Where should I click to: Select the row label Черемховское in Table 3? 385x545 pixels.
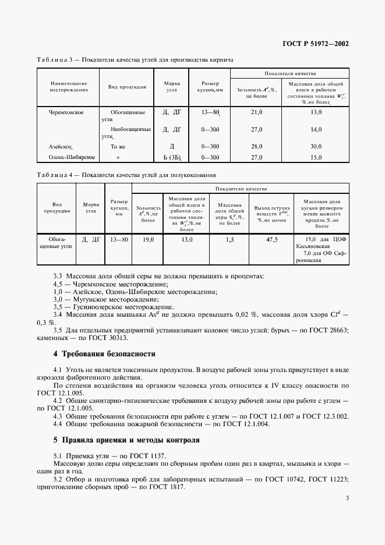(66, 112)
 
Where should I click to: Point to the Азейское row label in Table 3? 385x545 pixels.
(60, 147)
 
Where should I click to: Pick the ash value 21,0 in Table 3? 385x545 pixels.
(257, 112)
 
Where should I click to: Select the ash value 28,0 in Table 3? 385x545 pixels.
(257, 147)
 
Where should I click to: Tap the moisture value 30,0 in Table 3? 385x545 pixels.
(316, 147)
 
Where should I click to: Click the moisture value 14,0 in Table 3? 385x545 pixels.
(316, 129)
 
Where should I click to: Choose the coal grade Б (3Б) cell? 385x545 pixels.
(172, 157)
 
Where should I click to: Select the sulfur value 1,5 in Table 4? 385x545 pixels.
(229, 239)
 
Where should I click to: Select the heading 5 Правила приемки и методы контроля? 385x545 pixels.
(126, 440)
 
